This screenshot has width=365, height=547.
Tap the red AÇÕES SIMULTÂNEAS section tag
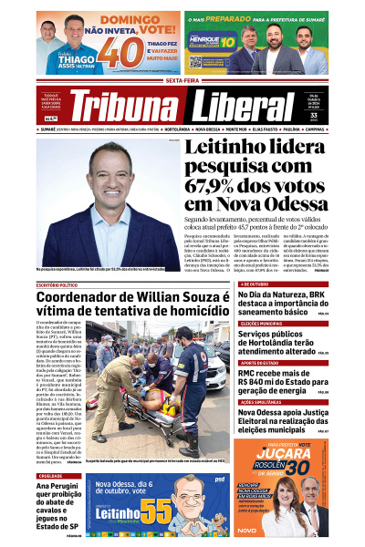tap(261, 402)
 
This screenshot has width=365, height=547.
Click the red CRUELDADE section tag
tap(51, 475)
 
